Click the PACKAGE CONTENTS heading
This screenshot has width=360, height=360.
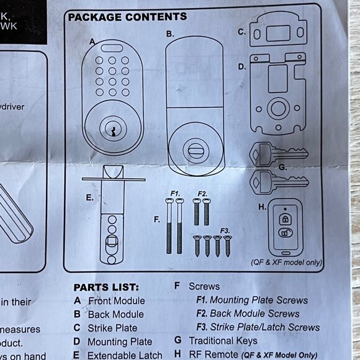click(x=127, y=17)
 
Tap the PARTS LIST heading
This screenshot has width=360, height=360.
click(x=106, y=287)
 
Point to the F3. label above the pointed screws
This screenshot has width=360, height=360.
click(x=225, y=230)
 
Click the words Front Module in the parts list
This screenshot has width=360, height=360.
click(x=116, y=301)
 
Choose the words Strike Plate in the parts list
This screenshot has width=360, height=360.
click(x=112, y=328)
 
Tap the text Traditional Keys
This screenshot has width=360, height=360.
click(x=223, y=340)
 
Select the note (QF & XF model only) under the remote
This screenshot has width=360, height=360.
click(x=287, y=263)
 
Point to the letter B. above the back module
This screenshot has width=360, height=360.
click(x=170, y=34)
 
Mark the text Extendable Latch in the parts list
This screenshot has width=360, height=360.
click(x=125, y=355)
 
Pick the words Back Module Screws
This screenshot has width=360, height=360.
click(x=254, y=313)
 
